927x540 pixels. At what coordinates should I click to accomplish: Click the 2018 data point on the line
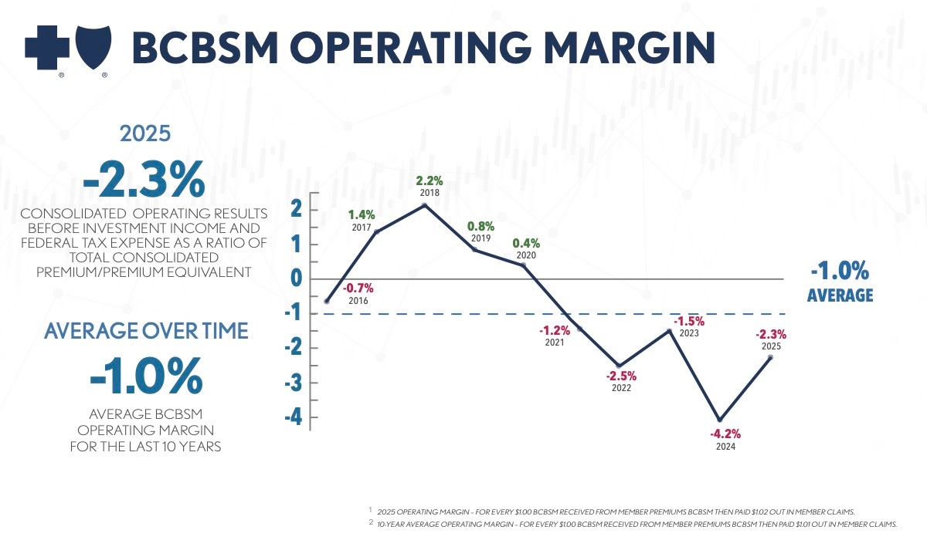click(424, 205)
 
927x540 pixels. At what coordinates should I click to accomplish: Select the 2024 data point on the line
click(720, 420)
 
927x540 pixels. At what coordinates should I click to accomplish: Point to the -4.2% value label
click(725, 434)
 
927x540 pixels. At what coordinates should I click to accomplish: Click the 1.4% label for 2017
click(362, 215)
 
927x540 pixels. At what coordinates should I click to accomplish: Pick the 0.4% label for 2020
click(526, 243)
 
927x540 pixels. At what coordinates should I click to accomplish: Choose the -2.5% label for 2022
click(620, 376)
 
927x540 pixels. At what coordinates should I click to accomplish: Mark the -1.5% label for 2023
click(688, 321)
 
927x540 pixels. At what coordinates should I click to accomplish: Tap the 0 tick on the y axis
click(296, 279)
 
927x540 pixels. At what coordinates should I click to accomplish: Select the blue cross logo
click(47, 47)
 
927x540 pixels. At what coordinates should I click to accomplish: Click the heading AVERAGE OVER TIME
click(146, 331)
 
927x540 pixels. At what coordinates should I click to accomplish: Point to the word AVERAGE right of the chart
click(840, 295)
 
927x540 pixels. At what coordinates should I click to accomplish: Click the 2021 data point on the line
click(579, 329)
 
